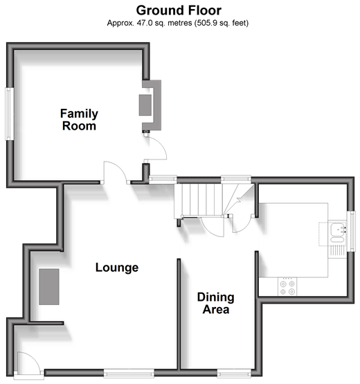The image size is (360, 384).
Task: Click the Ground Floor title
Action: (x=179, y=10)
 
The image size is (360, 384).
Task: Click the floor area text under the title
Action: (x=178, y=23)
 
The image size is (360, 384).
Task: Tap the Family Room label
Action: (x=79, y=120)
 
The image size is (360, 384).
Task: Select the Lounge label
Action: (x=117, y=267)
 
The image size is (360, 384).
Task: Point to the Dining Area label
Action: (x=216, y=303)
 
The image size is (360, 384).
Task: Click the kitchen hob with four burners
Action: (x=287, y=286)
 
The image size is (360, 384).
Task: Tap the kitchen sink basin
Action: (x=339, y=229)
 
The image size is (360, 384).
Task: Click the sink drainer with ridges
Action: (x=336, y=250)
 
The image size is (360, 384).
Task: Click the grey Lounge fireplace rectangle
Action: (x=49, y=287)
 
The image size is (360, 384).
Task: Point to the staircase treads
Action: (x=198, y=200)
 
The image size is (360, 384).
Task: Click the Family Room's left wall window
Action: (x=10, y=114)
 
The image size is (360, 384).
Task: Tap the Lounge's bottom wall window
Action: (x=129, y=374)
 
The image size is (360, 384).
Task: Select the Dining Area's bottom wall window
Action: (x=234, y=374)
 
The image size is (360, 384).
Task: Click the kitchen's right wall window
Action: (x=351, y=232)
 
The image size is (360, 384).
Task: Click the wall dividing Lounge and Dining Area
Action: (x=179, y=314)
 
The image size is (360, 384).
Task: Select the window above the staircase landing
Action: (x=236, y=180)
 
